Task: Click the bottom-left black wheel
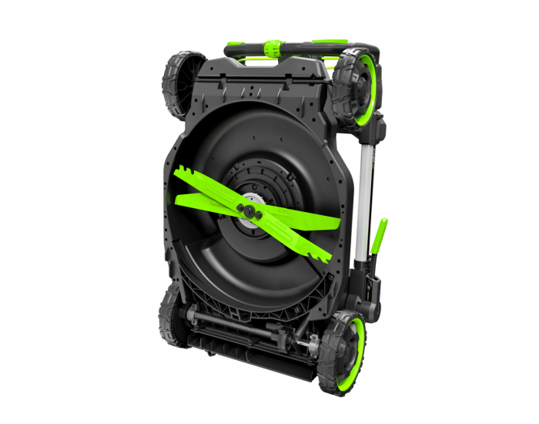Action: [x=170, y=316]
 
